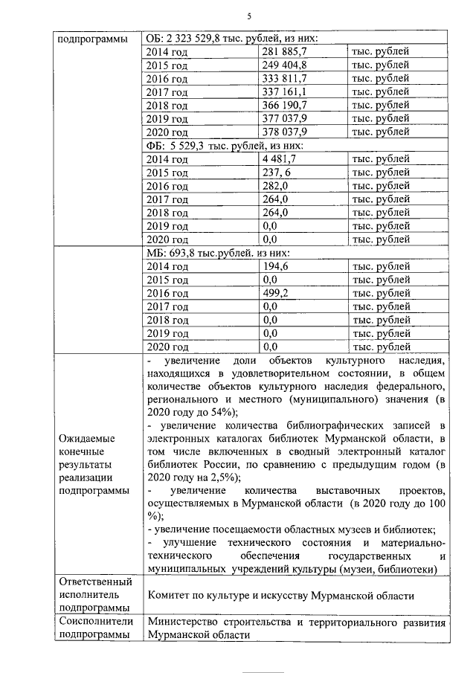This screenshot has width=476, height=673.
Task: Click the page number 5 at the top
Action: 249,16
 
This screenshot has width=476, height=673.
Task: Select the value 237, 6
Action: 277,172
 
